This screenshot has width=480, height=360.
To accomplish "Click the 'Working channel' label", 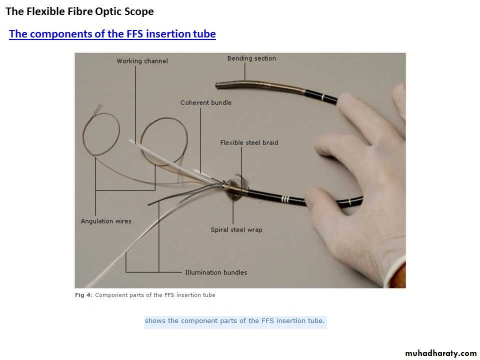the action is pyautogui.click(x=142, y=61).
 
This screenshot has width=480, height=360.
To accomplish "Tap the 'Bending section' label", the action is pyautogui.click(x=251, y=58).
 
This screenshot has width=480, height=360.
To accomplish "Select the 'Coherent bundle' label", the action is pyautogui.click(x=205, y=102).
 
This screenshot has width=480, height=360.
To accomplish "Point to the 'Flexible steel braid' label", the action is pyautogui.click(x=249, y=142).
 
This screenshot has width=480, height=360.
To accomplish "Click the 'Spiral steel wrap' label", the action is pyautogui.click(x=236, y=230).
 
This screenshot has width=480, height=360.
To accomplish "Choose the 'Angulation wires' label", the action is pyautogui.click(x=106, y=221).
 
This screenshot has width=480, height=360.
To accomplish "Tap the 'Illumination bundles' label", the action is pyautogui.click(x=216, y=272).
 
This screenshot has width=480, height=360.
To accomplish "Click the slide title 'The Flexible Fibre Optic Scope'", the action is pyautogui.click(x=79, y=11).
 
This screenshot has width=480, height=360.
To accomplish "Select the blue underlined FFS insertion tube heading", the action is pyautogui.click(x=112, y=33).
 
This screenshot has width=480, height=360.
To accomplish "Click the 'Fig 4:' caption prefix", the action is pyautogui.click(x=83, y=295).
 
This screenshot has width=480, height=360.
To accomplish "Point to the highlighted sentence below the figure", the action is pyautogui.click(x=234, y=321).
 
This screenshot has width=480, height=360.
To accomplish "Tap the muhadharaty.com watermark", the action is pyautogui.click(x=441, y=353).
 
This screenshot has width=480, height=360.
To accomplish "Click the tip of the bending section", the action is pyautogui.click(x=216, y=85).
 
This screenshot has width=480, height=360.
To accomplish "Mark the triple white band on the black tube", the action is pyautogui.click(x=285, y=199).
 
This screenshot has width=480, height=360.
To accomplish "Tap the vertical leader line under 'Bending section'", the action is pyautogui.click(x=244, y=71).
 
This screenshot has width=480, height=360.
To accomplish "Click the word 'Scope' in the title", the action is pyautogui.click(x=139, y=11).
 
